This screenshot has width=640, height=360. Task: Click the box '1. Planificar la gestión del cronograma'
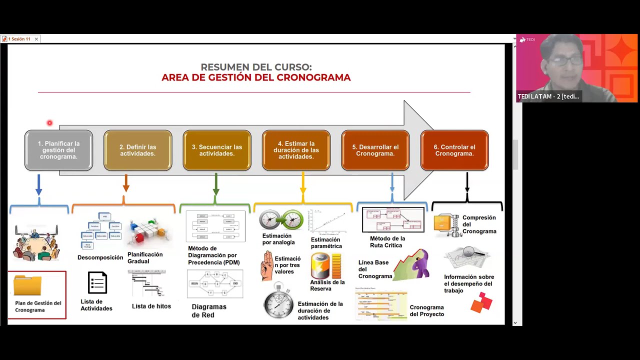(x=58, y=150)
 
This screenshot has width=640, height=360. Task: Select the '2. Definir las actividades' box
(x=137, y=150)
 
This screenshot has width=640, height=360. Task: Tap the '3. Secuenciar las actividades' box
(x=217, y=150)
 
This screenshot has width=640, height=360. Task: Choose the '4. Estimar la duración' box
(x=296, y=150)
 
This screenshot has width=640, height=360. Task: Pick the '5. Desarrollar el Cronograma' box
(x=375, y=150)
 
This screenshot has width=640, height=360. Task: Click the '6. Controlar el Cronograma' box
(x=454, y=150)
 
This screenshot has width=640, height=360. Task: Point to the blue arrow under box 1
(x=39, y=184)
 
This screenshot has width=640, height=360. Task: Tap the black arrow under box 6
(x=467, y=183)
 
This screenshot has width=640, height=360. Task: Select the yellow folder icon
(x=27, y=285)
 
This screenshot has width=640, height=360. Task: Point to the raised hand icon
(x=267, y=265)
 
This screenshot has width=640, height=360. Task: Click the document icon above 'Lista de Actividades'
(x=97, y=282)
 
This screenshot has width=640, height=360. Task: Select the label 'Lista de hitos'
(x=151, y=306)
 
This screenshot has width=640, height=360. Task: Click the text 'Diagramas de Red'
(x=209, y=310)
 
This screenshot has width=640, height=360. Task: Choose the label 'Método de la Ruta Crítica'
(x=387, y=242)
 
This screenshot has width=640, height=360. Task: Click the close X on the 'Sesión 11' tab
(x=36, y=39)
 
